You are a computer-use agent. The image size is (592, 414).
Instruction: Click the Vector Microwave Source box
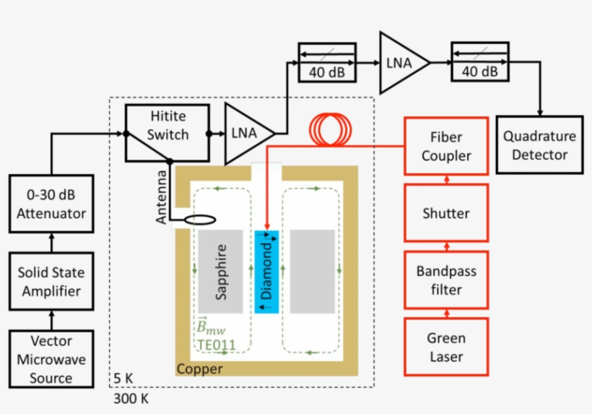point(51,359)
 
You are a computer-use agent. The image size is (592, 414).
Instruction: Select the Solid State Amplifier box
point(51,282)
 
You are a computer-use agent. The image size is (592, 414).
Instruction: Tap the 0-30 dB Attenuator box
point(51,204)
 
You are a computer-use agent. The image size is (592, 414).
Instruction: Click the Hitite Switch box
point(167,132)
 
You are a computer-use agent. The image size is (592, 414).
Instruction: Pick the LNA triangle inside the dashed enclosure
point(248,133)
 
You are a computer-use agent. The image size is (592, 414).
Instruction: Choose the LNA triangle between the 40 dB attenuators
point(403,63)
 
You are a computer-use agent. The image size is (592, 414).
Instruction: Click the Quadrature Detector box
point(540,145)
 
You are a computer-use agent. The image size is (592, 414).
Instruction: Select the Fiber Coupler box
point(446,146)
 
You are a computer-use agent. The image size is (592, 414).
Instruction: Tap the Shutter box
point(446,213)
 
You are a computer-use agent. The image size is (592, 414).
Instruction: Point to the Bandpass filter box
point(446,280)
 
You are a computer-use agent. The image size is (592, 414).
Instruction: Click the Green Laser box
point(446,347)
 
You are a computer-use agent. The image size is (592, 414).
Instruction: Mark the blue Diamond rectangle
point(266,272)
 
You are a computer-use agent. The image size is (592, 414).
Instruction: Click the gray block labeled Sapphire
point(220,272)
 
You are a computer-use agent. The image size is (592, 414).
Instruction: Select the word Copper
point(199,369)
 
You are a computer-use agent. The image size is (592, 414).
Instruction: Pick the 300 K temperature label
point(131,397)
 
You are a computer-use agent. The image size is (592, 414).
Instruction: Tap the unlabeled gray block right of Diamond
point(313,272)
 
